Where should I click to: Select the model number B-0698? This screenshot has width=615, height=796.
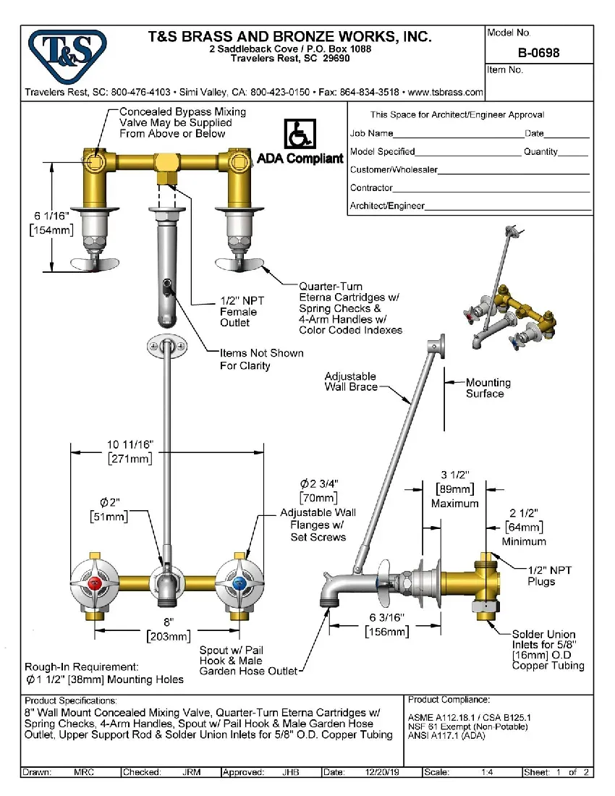(539, 53)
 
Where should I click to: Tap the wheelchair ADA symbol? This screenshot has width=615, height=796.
(297, 135)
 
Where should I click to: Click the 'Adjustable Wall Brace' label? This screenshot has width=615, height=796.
(351, 381)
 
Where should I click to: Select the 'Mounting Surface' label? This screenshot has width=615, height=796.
(488, 388)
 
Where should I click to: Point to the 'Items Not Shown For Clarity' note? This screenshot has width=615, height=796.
(261, 359)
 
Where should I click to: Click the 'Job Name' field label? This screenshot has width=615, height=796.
(371, 133)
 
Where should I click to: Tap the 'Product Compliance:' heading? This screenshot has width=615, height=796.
(449, 700)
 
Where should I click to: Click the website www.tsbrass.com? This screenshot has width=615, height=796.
(446, 93)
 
